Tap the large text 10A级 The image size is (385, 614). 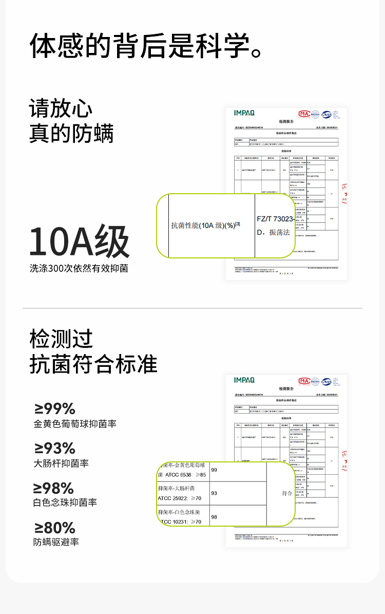tap(79, 241)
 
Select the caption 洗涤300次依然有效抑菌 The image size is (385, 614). tap(79, 268)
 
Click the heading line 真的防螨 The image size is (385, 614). tap(71, 134)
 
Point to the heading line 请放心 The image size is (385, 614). tap(61, 109)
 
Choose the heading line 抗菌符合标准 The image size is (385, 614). tap(93, 364)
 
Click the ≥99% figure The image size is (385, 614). tap(55, 408)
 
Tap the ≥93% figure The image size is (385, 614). tap(54, 448)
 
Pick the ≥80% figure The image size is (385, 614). tap(54, 528)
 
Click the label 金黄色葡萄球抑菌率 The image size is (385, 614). tap(75, 424)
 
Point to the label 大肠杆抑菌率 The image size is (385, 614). tap(61, 463)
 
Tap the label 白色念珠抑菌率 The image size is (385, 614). tap(65, 503)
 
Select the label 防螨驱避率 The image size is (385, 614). tap(56, 542)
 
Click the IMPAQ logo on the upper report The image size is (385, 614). tap(244, 113)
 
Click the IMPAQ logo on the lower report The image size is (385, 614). tap(244, 380)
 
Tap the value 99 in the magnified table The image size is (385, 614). tap(214, 470)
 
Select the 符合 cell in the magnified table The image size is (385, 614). tap(287, 493)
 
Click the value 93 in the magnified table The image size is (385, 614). tap(214, 493)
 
